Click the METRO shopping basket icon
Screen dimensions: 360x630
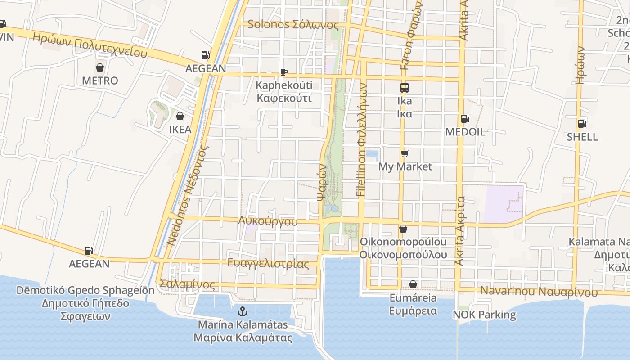pyautogui.click(x=100, y=68)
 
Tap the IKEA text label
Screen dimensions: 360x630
pyautogui.click(x=180, y=130)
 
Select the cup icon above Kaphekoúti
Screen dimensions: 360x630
pyautogui.click(x=284, y=72)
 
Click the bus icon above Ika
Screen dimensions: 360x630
pyautogui.click(x=405, y=88)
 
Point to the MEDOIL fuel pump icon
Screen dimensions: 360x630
pyautogui.click(x=465, y=119)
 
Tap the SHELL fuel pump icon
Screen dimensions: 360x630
pyautogui.click(x=582, y=124)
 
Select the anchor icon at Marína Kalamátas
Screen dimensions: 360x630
pyautogui.click(x=243, y=311)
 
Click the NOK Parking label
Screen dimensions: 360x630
pyautogui.click(x=484, y=315)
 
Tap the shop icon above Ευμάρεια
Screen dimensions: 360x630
pyautogui.click(x=413, y=285)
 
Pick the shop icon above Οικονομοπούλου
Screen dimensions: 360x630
pyautogui.click(x=403, y=229)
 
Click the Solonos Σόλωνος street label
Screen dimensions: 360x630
pyautogui.click(x=293, y=24)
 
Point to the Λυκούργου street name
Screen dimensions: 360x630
pyautogui.click(x=268, y=221)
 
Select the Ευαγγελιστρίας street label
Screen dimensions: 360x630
pyautogui.click(x=268, y=263)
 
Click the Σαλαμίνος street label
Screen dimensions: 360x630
pyautogui.click(x=187, y=284)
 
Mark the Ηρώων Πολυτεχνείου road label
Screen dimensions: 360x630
pyautogui.click(x=90, y=45)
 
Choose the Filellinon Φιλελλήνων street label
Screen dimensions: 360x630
pyautogui.click(x=361, y=140)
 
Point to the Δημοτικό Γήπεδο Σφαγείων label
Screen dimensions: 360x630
pyautogui.click(x=85, y=303)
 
